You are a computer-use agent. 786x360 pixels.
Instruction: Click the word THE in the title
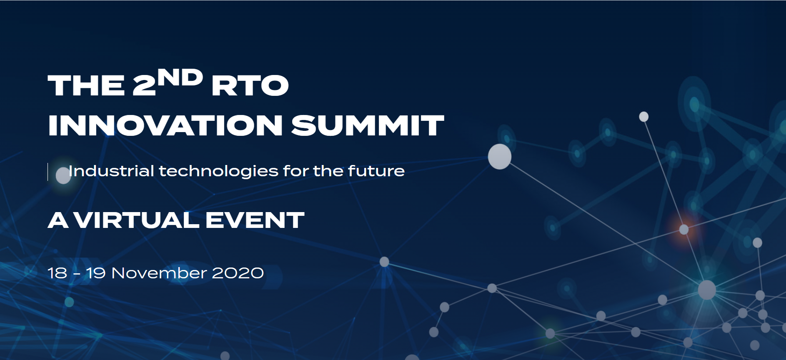tap(86, 85)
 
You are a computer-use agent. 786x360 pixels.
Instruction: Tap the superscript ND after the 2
tap(180, 77)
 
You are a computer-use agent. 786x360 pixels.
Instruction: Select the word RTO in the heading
tap(250, 85)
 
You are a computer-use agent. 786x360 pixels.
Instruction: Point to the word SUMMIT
tap(368, 125)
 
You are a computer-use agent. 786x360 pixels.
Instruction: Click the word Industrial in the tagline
tap(111, 171)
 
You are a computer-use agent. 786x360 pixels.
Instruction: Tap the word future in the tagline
tap(376, 171)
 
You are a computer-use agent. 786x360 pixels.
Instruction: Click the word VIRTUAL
tap(136, 220)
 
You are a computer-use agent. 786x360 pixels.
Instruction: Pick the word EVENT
tap(255, 220)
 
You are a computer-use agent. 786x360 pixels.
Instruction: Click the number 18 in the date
tap(58, 273)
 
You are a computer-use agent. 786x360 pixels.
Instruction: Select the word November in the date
tap(159, 273)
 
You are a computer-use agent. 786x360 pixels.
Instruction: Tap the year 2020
tap(238, 273)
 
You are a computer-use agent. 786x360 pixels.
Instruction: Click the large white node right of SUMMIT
tap(500, 157)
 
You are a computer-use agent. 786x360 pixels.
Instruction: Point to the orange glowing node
tap(684, 229)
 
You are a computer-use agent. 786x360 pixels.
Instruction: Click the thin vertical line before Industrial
tap(48, 172)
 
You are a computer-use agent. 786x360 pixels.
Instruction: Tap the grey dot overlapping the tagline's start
tap(63, 175)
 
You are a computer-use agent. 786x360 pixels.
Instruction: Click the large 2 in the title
tap(144, 85)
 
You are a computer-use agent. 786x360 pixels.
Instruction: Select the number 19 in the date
tap(96, 273)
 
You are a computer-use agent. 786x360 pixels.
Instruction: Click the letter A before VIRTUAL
tap(58, 220)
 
